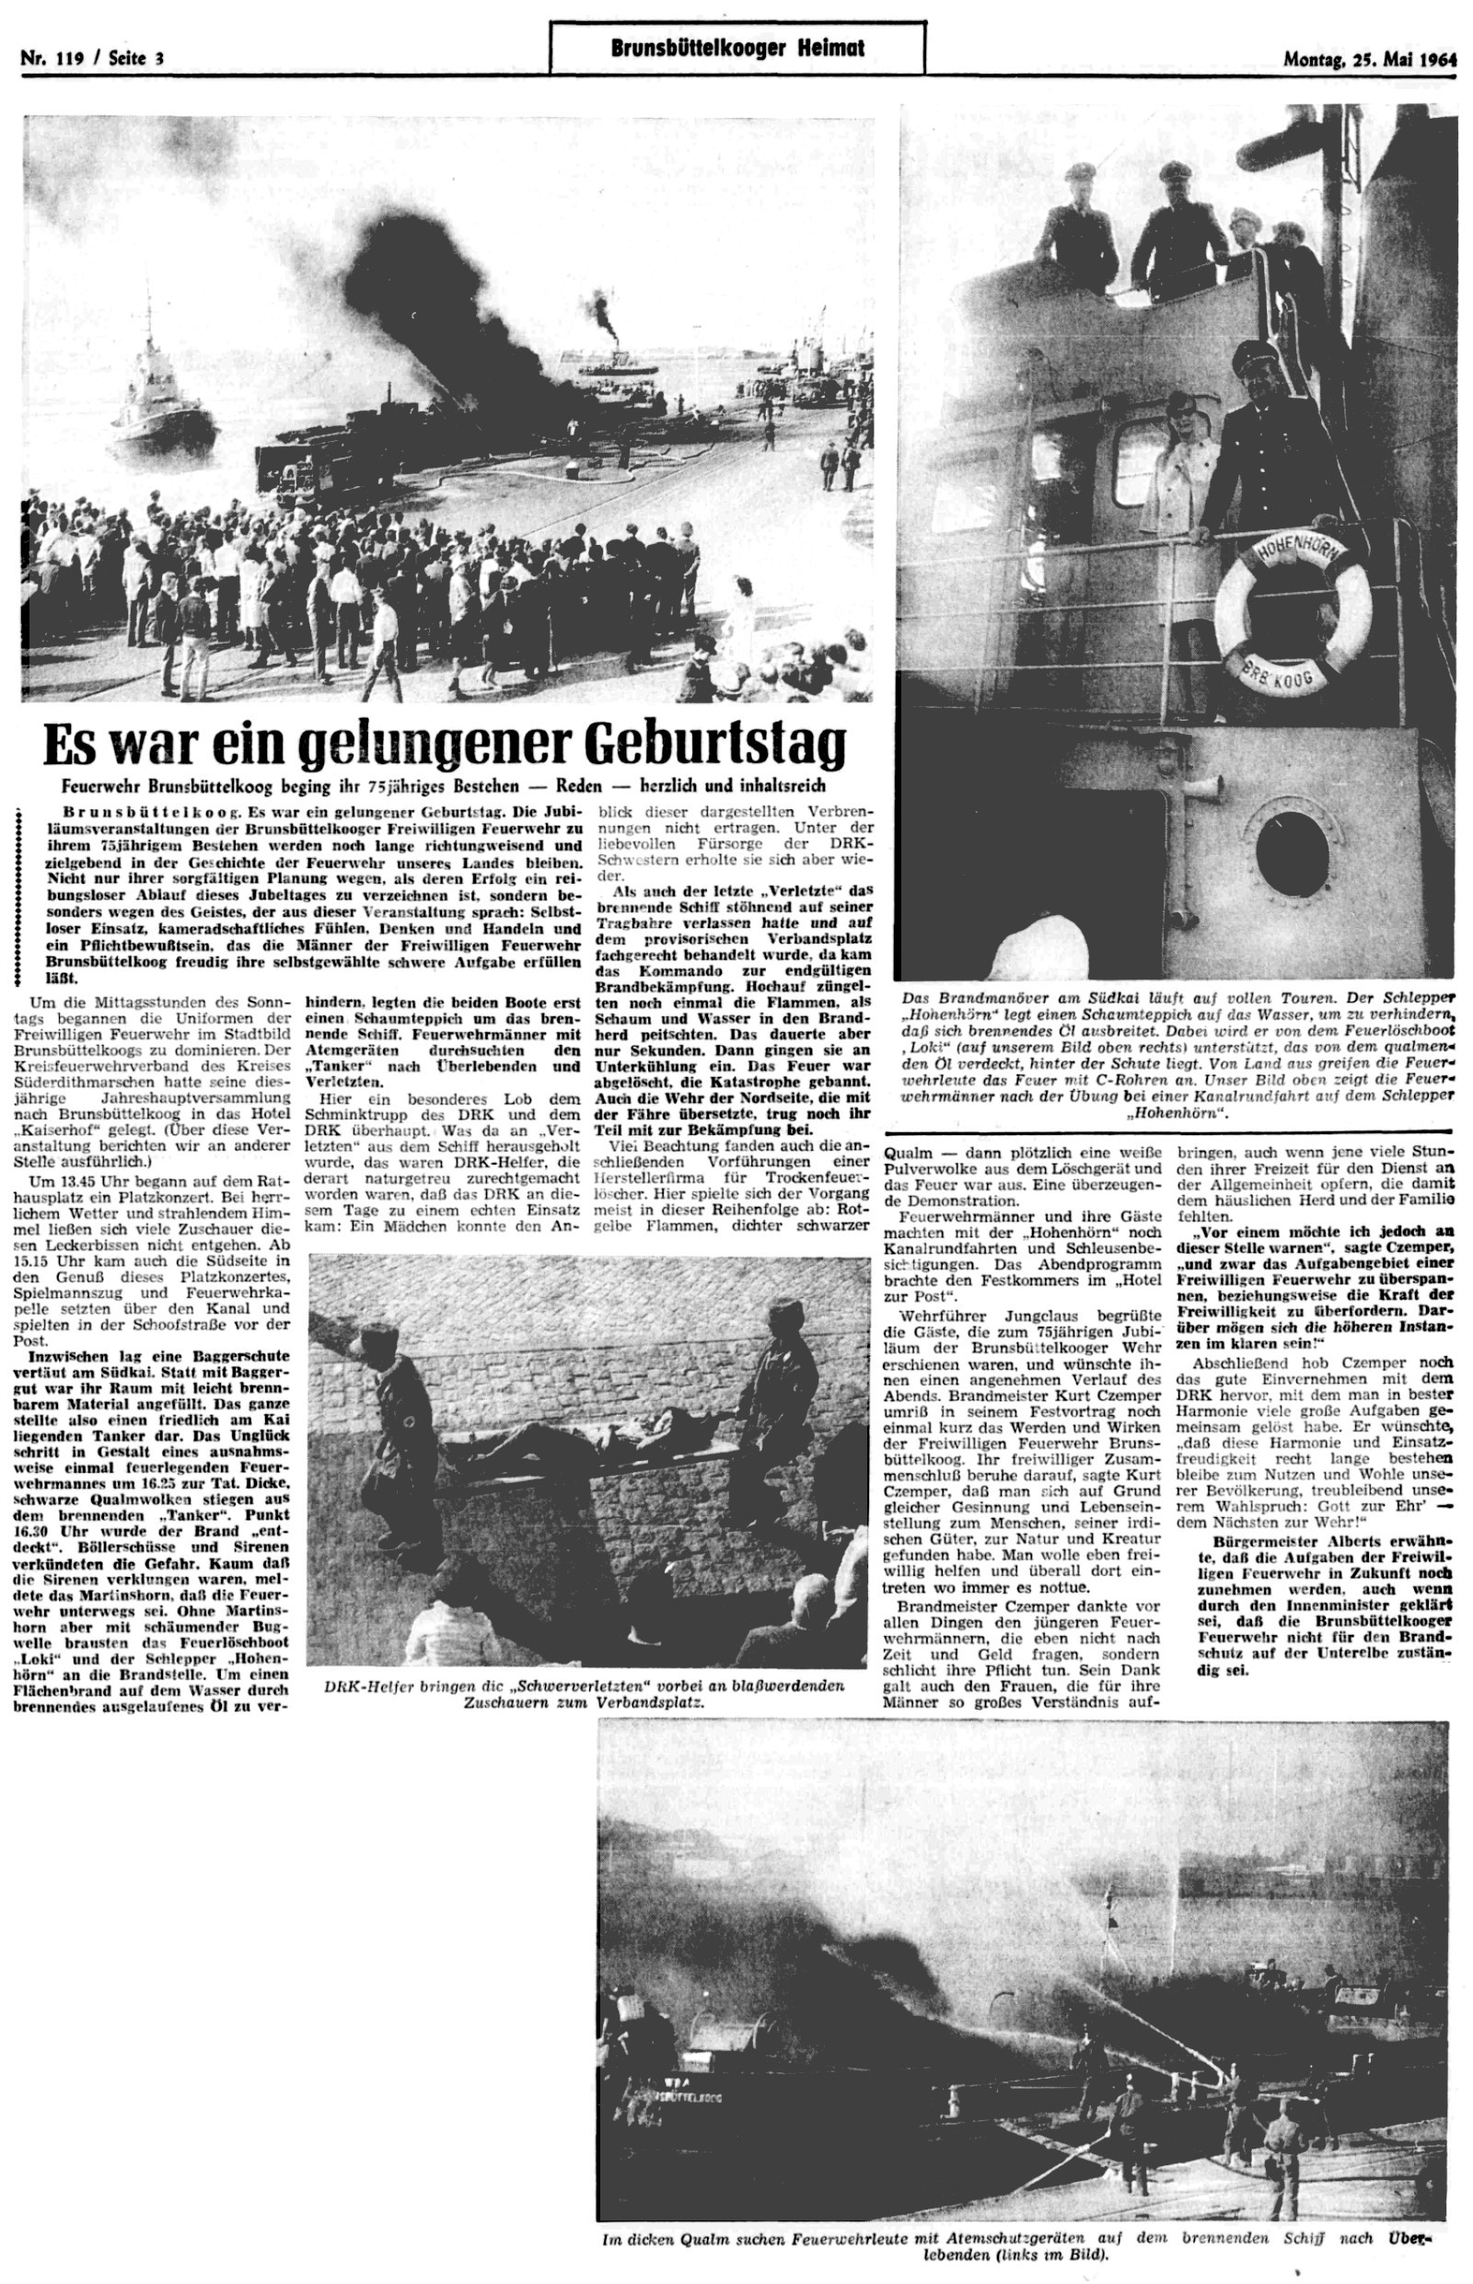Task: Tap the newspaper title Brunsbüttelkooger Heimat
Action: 737,48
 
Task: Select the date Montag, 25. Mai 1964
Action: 1370,57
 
